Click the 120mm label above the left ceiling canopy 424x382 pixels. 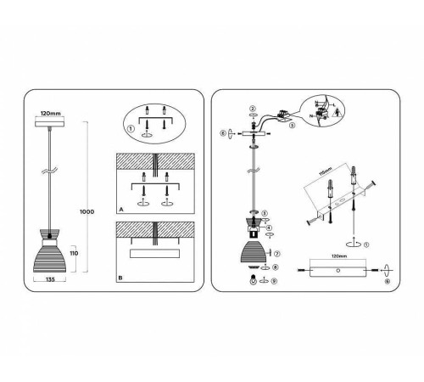point(51,112)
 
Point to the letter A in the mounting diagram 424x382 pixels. point(121,208)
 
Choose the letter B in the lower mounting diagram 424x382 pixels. point(121,277)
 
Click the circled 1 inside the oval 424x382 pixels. point(131,129)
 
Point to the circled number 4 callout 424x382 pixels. point(270,227)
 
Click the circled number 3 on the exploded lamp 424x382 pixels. point(265,212)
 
